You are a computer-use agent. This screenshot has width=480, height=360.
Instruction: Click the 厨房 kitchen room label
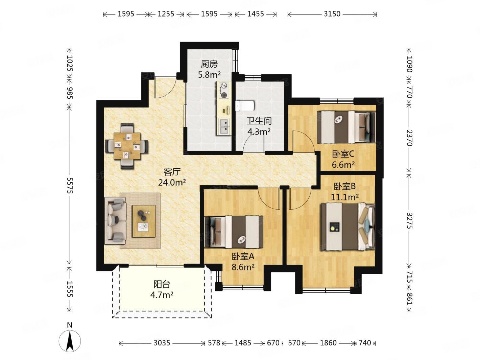coord(209,64)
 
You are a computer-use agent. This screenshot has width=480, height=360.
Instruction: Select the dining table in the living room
coord(127,146)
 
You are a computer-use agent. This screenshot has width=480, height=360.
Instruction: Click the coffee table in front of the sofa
coord(143,221)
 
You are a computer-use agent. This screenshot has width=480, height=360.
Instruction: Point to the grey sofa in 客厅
coord(115,220)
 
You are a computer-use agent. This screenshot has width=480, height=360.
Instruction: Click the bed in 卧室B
coord(348,227)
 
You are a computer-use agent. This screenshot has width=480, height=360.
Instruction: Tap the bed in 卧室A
coord(234,232)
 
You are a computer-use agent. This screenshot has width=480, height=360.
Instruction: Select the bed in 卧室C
coord(346,127)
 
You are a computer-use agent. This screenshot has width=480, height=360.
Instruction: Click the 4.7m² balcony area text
coord(162,295)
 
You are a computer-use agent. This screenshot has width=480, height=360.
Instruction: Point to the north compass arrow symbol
coord(70,341)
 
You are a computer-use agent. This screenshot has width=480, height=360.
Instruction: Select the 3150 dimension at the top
coord(332,14)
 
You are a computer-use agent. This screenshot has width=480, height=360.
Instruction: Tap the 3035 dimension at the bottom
coord(162,343)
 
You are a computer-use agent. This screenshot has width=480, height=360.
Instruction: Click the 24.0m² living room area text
coord(172,182)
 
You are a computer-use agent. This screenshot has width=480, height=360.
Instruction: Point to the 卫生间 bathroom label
coord(259,121)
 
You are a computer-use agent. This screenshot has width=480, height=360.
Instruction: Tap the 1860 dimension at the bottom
coord(328,343)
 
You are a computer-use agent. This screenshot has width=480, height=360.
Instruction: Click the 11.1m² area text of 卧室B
coord(345,197)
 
